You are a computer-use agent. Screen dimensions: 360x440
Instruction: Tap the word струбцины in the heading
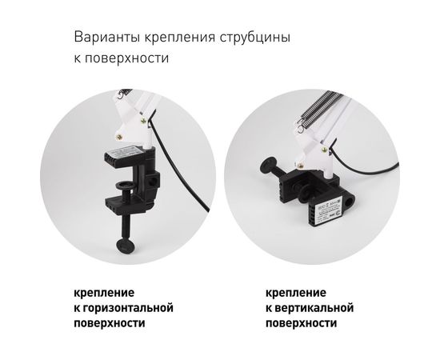pos(253,38)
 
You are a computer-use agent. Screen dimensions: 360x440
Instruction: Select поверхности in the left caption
pos(108,323)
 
